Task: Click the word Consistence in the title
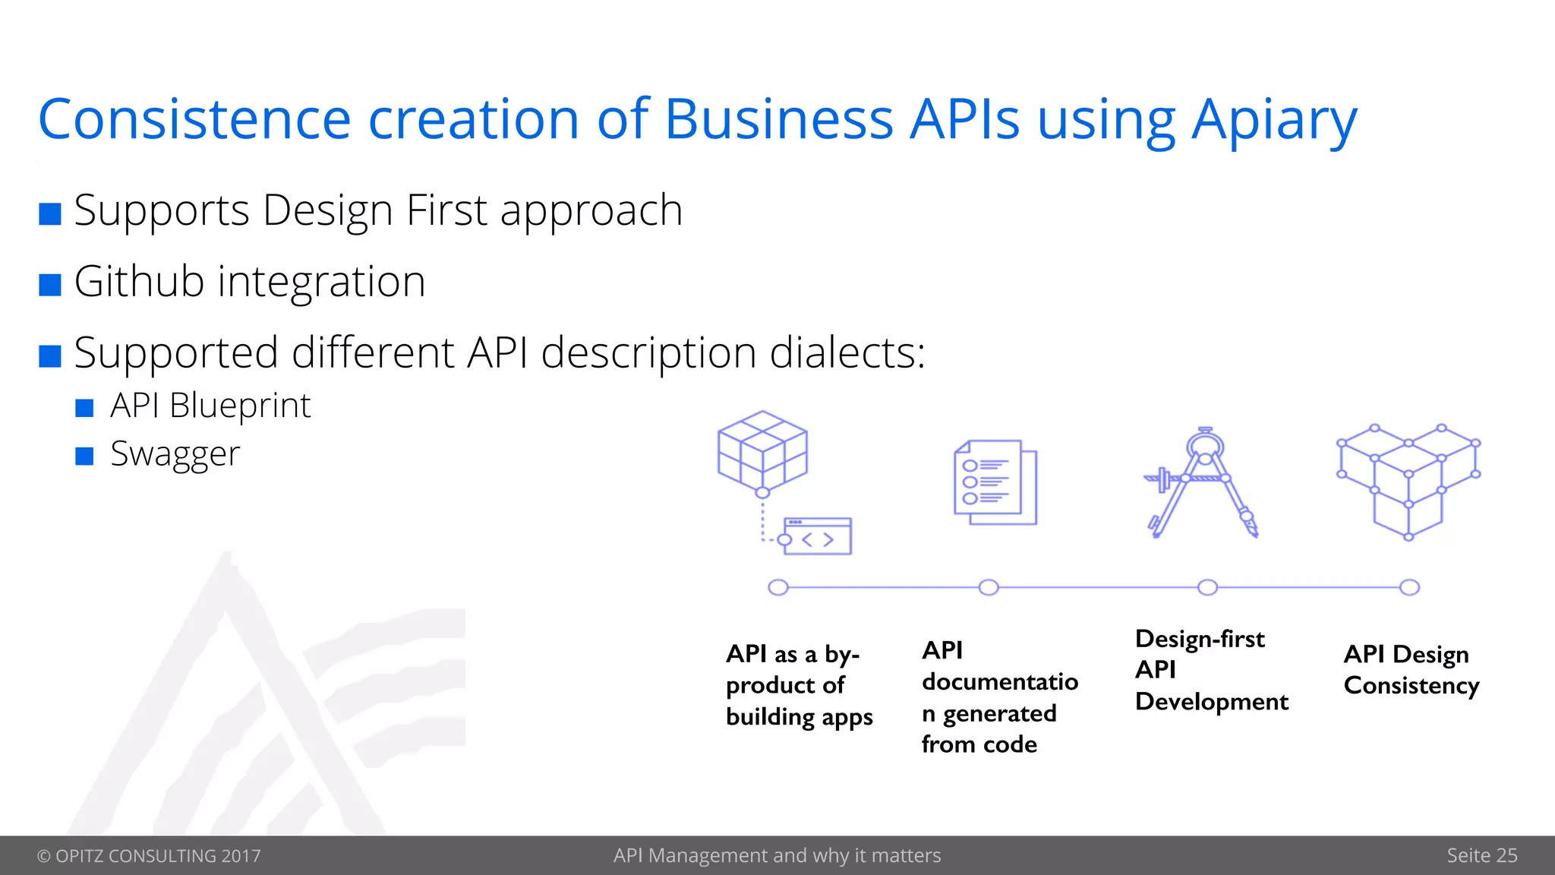pyautogui.click(x=194, y=120)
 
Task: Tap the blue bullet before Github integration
pyautogui.click(x=50, y=285)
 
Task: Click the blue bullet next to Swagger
pyautogui.click(x=84, y=456)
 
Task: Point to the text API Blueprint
pyautogui.click(x=210, y=406)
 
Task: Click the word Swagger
pyautogui.click(x=175, y=454)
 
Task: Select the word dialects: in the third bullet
pyautogui.click(x=847, y=353)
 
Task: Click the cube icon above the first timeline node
pyautogui.click(x=762, y=451)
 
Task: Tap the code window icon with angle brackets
pyautogui.click(x=817, y=537)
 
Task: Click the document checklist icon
pyautogui.click(x=995, y=482)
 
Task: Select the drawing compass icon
pyautogui.click(x=1202, y=483)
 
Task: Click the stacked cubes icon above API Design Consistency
pyautogui.click(x=1408, y=482)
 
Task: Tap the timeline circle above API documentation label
pyautogui.click(x=989, y=587)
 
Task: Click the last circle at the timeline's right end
pyautogui.click(x=1409, y=587)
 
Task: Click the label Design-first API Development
pyautogui.click(x=1210, y=670)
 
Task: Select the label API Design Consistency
pyautogui.click(x=1411, y=670)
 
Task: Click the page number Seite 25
pyautogui.click(x=1481, y=856)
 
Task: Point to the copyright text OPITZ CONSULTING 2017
pyautogui.click(x=149, y=856)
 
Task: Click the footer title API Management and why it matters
pyautogui.click(x=777, y=856)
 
